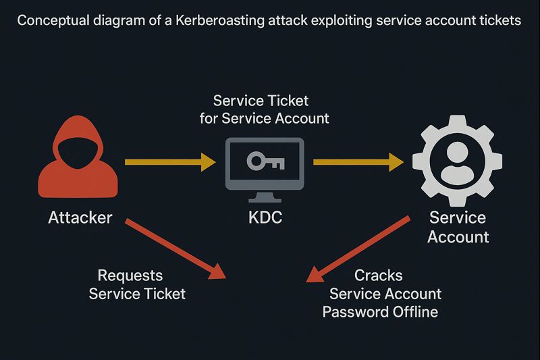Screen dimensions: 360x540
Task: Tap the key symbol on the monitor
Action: click(265, 161)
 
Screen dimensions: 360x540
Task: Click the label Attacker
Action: click(80, 218)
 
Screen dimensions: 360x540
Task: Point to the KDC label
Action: click(265, 218)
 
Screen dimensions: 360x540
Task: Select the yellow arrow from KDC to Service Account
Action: click(358, 161)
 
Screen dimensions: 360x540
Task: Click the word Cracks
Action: click(379, 276)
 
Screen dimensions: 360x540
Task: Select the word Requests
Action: click(130, 276)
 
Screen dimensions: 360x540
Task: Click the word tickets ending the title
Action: click(499, 20)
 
